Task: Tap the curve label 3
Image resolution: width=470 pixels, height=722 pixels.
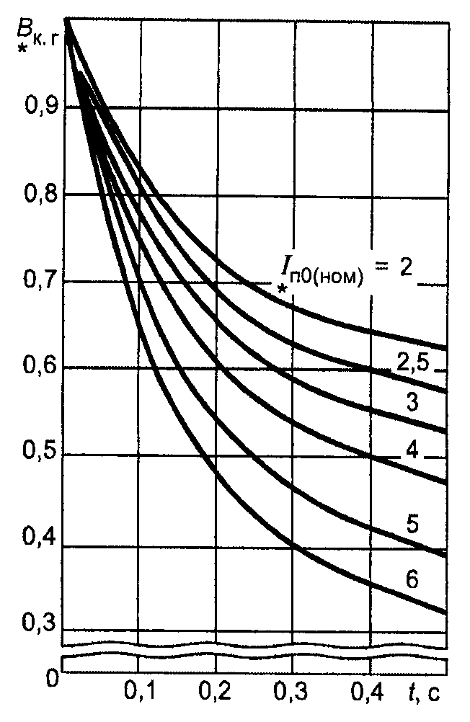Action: pos(412,402)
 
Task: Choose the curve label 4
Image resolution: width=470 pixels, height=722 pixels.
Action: pos(412,451)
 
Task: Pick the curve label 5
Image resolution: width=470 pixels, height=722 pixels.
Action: pos(412,524)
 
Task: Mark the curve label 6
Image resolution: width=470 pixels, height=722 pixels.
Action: pos(412,579)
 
